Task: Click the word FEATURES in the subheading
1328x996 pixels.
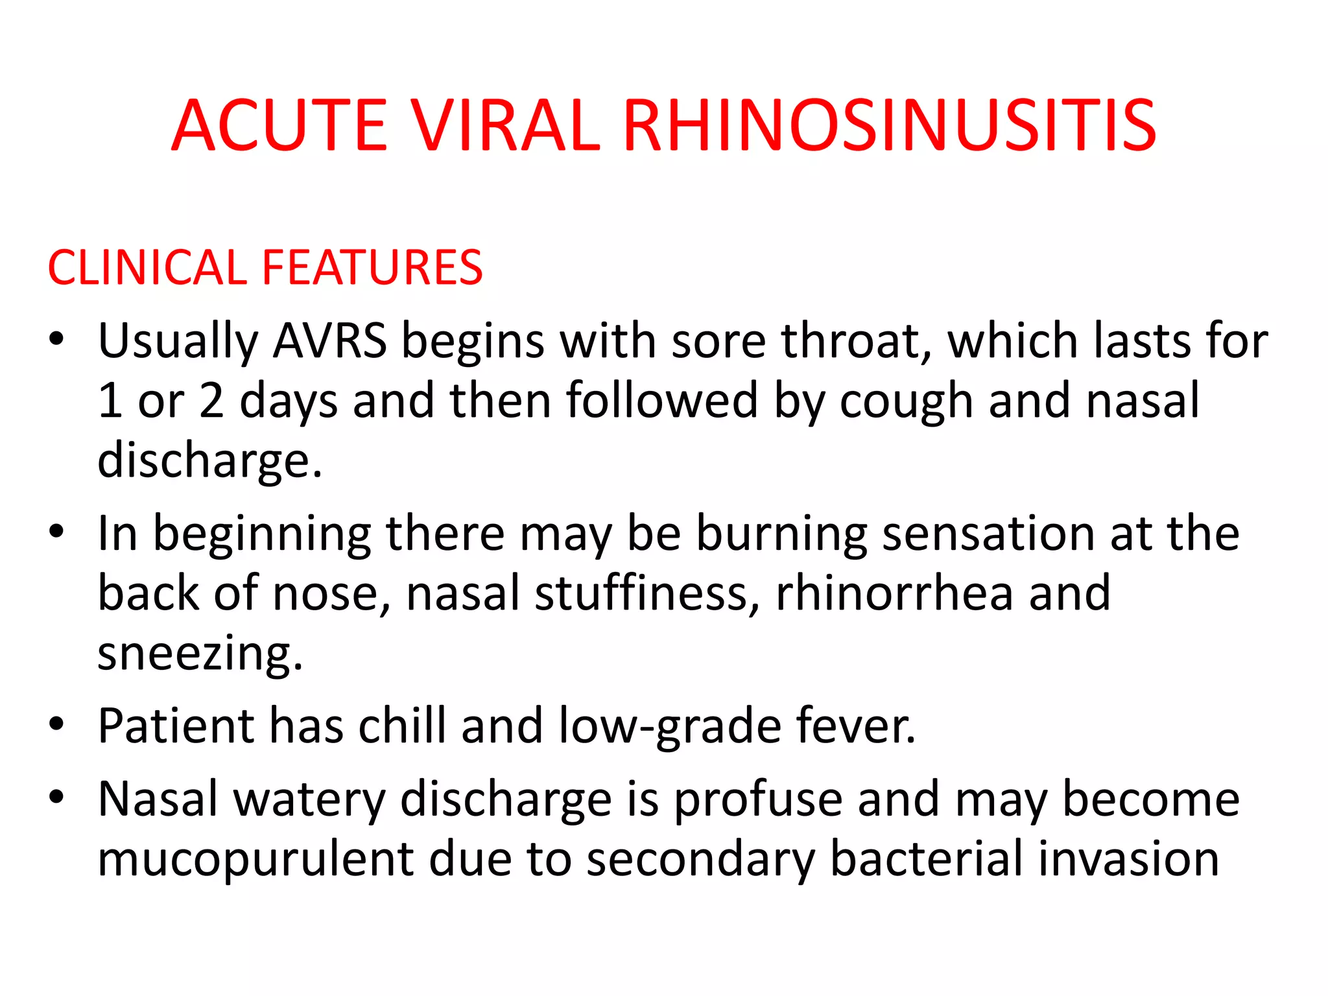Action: point(372,267)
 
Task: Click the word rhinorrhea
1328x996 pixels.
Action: point(894,593)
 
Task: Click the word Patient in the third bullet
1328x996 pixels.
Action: point(175,726)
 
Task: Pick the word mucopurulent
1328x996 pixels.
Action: point(255,860)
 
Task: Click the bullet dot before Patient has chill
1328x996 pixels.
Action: point(57,723)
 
